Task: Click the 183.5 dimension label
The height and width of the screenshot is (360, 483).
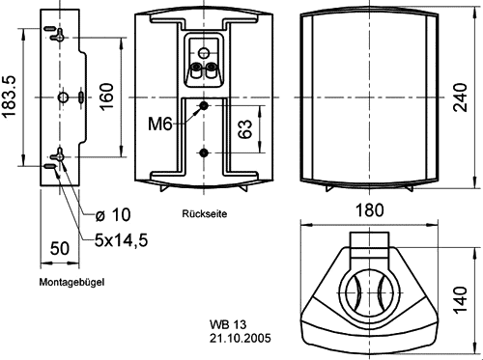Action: (9, 97)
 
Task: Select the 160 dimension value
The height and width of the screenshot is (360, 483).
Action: (107, 97)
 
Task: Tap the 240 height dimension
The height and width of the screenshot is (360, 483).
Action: (461, 97)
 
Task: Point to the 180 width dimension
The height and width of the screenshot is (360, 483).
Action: (370, 210)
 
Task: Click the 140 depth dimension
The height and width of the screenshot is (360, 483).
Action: (461, 299)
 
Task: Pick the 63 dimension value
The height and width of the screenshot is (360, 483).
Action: (245, 129)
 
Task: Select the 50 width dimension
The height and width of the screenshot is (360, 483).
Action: (60, 248)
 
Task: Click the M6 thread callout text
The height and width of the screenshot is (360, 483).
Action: (160, 124)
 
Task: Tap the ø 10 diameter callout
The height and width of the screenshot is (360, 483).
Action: (113, 214)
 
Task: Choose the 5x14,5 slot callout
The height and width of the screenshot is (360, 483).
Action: (122, 240)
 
